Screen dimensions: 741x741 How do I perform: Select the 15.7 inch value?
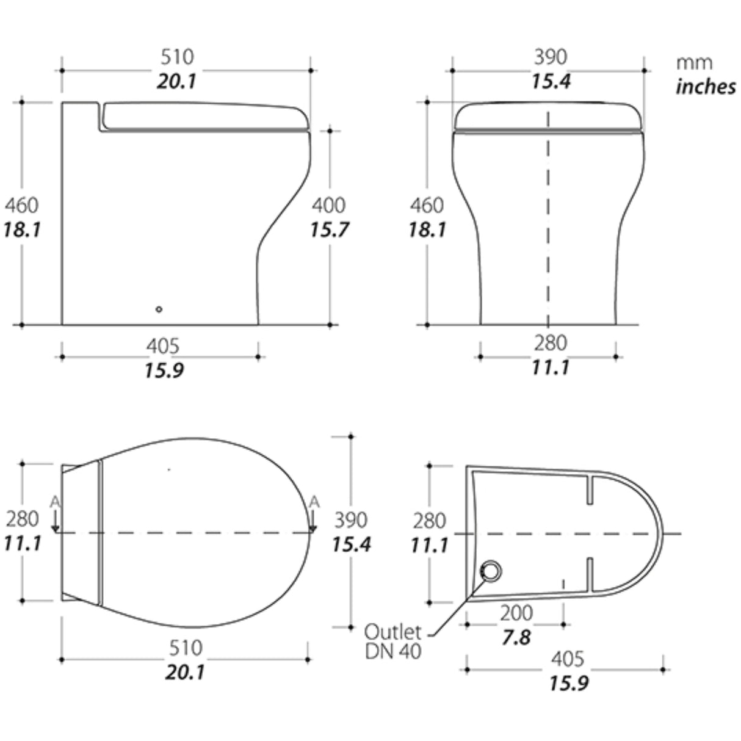click(x=328, y=230)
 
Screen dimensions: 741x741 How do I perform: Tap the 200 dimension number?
click(x=516, y=613)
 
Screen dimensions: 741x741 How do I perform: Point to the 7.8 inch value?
click(x=516, y=638)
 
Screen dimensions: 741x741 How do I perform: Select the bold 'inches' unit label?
click(x=706, y=87)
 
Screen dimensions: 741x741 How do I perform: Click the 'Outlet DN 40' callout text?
click(x=393, y=641)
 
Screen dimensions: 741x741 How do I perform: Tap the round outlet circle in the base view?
click(x=491, y=573)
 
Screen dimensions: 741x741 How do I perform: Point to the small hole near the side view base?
click(x=159, y=309)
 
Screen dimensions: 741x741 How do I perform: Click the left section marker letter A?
click(x=55, y=502)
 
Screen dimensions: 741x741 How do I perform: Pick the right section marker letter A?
click(x=314, y=502)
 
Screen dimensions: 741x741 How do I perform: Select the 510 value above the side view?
click(x=177, y=57)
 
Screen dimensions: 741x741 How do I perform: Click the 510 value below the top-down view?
click(x=185, y=647)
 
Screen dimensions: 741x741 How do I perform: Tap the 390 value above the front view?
click(x=551, y=57)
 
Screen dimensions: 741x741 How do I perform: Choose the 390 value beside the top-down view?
click(x=351, y=520)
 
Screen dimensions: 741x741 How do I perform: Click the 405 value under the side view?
click(x=163, y=346)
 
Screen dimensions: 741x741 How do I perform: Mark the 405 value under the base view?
click(x=568, y=659)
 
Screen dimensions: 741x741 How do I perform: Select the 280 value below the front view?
click(x=551, y=344)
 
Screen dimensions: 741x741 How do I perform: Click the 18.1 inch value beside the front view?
click(x=427, y=230)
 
